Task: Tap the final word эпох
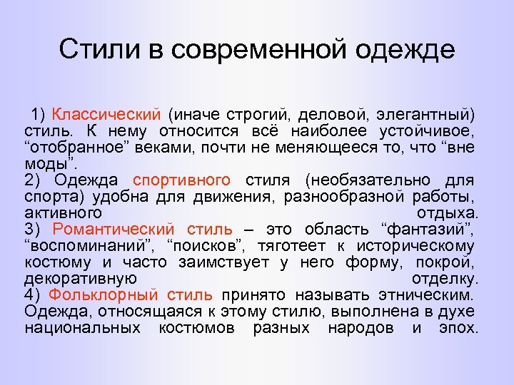pyautogui.click(x=460, y=328)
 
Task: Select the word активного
pyautogui.click(x=63, y=213)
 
